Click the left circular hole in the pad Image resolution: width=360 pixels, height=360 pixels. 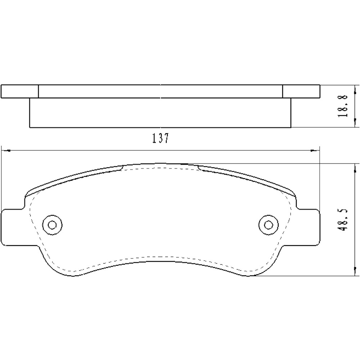pos(52,225)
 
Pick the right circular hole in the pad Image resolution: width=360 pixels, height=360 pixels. pos(268,225)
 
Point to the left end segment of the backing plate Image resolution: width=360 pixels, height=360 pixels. pos(20,91)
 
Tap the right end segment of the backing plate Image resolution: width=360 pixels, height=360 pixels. pos(301,91)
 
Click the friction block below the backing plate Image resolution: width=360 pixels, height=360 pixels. pos(160,113)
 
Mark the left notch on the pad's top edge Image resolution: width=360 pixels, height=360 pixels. pos(122,167)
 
